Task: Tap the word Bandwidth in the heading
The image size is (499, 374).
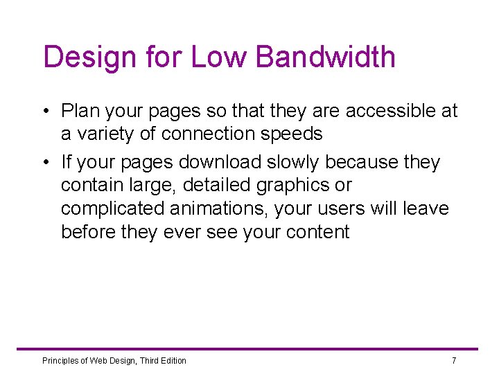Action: (x=325, y=57)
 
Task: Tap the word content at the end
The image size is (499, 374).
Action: (x=316, y=232)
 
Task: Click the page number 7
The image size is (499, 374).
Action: (x=454, y=360)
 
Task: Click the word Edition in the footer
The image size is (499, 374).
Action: (x=173, y=360)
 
